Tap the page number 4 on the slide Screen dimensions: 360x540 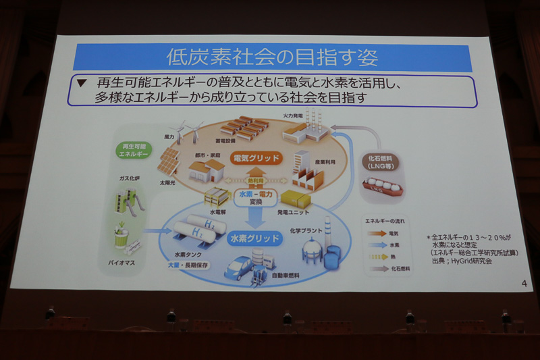pyautogui.click(x=523, y=282)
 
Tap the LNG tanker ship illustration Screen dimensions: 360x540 pyautogui.click(x=383, y=187)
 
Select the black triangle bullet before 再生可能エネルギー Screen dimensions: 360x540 pyautogui.click(x=82, y=84)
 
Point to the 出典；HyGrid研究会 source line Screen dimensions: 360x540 pyautogui.click(x=466, y=261)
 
